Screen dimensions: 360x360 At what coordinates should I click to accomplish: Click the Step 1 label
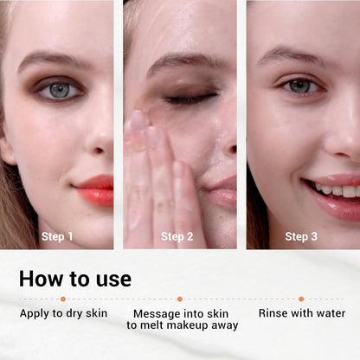[x=57, y=236]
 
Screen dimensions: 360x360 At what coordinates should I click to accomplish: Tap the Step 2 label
[x=177, y=236]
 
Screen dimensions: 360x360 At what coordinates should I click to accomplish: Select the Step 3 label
[x=301, y=236]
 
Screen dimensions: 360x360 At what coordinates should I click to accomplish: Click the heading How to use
[x=75, y=279]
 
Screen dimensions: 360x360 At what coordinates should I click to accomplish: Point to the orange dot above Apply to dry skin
[x=63, y=299]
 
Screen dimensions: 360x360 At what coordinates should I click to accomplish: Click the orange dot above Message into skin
[x=180, y=299]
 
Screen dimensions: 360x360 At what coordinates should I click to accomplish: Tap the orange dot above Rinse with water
[x=301, y=299]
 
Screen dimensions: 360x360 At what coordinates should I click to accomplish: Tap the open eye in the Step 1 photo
[x=59, y=91]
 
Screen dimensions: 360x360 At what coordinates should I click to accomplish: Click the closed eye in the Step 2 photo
[x=190, y=98]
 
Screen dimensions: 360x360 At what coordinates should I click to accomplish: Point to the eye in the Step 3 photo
[x=300, y=86]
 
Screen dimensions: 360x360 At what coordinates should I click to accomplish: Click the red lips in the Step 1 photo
[x=94, y=190]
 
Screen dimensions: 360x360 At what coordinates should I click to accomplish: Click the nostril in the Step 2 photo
[x=232, y=149]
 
